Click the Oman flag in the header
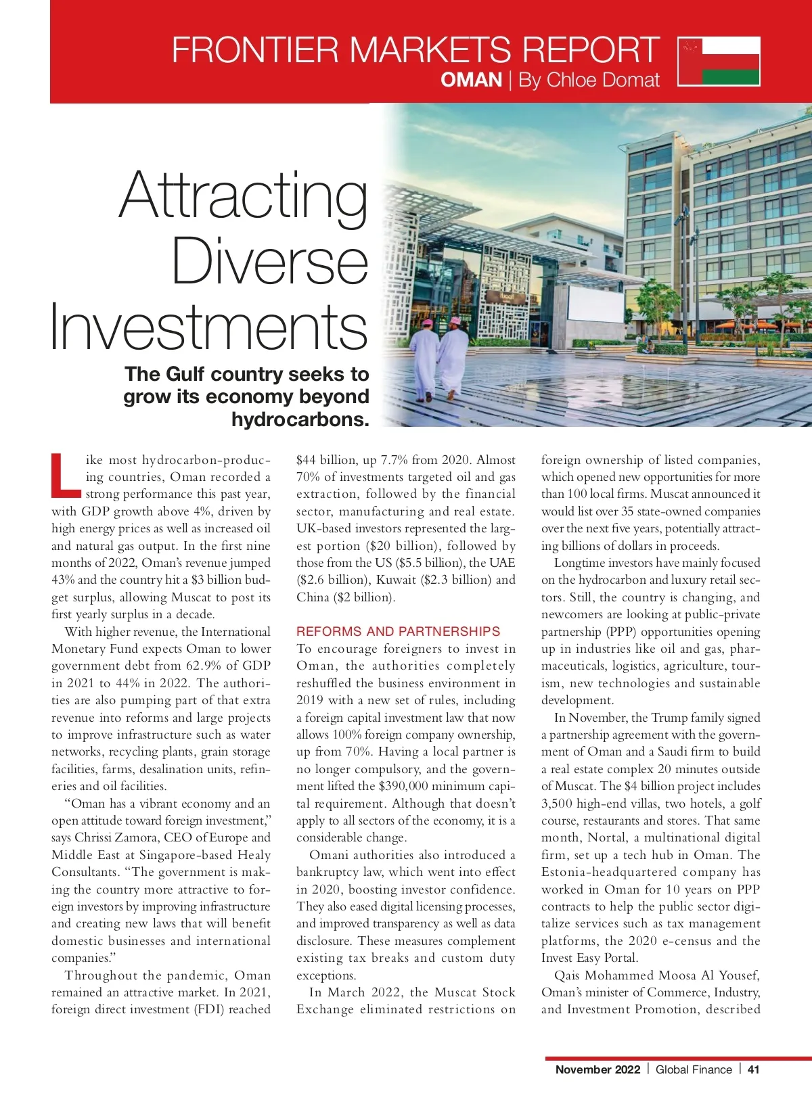pyautogui.click(x=719, y=62)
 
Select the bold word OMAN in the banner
pyautogui.click(x=471, y=80)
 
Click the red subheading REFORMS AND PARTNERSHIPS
pyautogui.click(x=398, y=631)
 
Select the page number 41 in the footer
pyautogui.click(x=753, y=1069)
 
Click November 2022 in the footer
pyautogui.click(x=597, y=1069)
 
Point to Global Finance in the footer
pyautogui.click(x=694, y=1069)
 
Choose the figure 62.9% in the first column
pyautogui.click(x=200, y=666)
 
